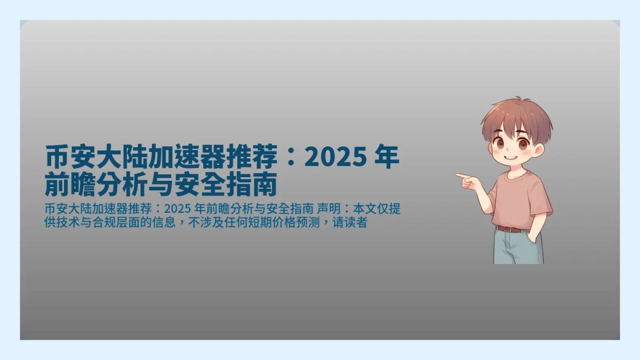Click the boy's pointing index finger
pos(459,175)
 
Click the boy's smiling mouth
pos(511,158)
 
